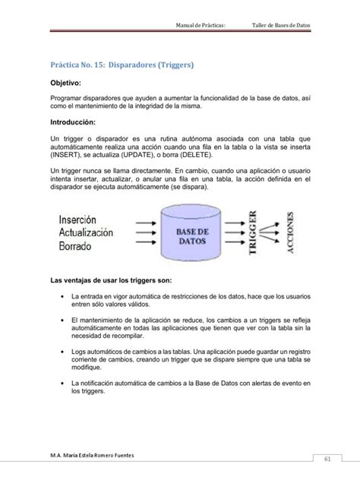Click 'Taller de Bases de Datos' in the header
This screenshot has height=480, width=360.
pos(280,26)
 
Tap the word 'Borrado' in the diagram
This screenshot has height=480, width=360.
pos(74,247)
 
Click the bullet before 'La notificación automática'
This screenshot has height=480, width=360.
pos(59,384)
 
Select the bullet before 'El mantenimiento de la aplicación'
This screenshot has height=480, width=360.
pos(59,320)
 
